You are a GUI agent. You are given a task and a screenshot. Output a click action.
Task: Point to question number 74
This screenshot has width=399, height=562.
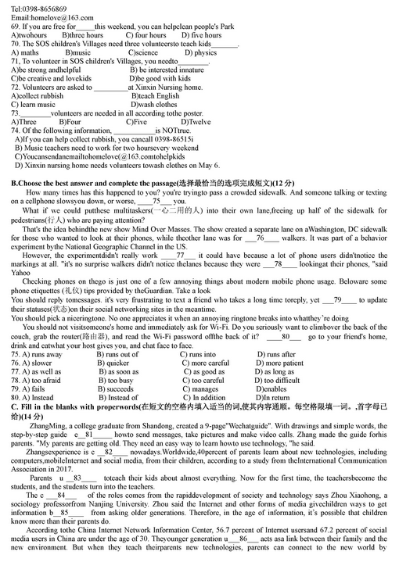[16, 131]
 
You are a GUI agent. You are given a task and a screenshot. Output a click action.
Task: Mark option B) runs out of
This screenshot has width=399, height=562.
[117, 355]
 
